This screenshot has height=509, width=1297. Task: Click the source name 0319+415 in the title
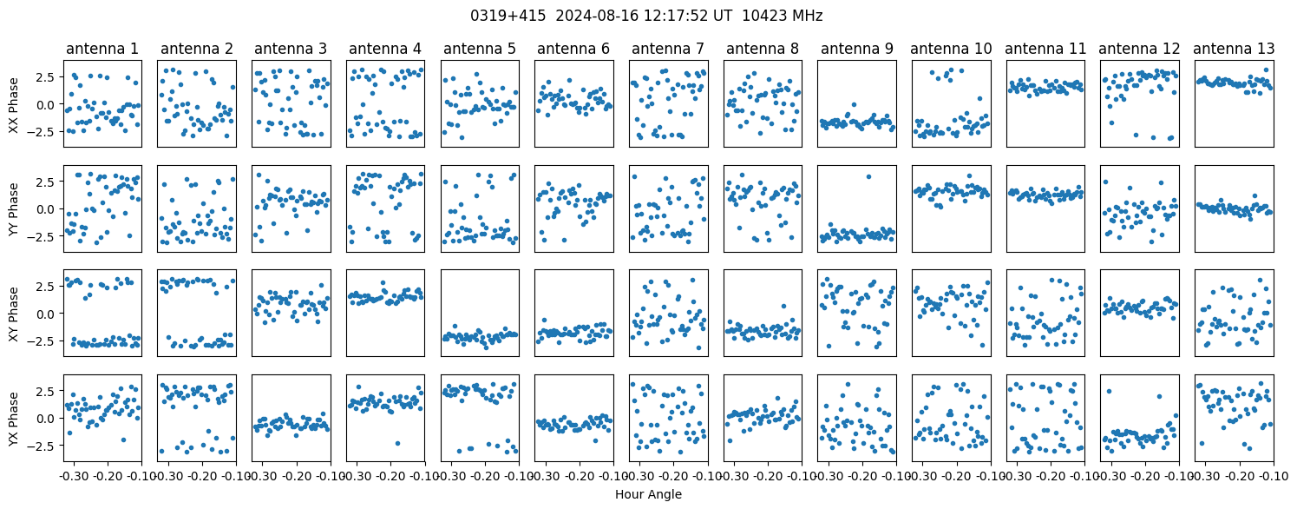[508, 16]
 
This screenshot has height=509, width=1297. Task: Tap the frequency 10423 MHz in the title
[783, 16]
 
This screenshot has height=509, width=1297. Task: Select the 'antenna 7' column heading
[668, 50]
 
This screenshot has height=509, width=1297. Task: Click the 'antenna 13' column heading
[1234, 50]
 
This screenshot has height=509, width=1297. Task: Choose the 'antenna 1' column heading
[102, 50]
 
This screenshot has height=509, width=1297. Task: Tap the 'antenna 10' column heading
[952, 50]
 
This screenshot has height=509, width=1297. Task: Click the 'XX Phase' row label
[13, 105]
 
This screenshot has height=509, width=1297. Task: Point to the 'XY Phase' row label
[13, 314]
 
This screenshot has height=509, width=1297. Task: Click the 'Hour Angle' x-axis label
[649, 494]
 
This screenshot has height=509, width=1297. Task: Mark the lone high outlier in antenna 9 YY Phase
[868, 177]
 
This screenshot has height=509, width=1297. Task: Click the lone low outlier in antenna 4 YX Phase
[397, 444]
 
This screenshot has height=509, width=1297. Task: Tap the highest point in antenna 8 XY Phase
[783, 306]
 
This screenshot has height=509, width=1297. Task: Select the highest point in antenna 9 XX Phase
[854, 105]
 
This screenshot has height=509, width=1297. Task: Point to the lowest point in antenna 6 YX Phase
[595, 440]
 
